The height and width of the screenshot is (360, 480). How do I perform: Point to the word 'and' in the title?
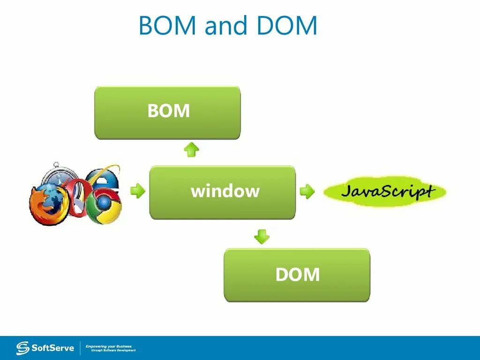coord(226,26)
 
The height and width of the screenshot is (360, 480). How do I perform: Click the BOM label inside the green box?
coord(168,112)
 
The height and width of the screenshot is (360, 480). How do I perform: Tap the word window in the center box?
coord(225,191)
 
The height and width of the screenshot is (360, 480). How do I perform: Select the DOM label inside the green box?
coord(297,275)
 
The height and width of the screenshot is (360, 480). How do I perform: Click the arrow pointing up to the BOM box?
coord(191,150)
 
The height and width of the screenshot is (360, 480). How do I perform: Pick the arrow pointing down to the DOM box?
coord(262,236)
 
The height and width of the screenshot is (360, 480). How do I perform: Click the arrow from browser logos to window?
coord(137,191)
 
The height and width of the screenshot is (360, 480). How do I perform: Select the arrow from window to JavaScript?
coord(307,191)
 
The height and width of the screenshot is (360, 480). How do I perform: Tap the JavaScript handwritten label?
coord(386,191)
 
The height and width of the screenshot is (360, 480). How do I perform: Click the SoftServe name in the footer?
coord(52,348)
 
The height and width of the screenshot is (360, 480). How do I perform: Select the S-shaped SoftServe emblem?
coord(22,348)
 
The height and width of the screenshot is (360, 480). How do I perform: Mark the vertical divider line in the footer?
coord(80,348)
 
